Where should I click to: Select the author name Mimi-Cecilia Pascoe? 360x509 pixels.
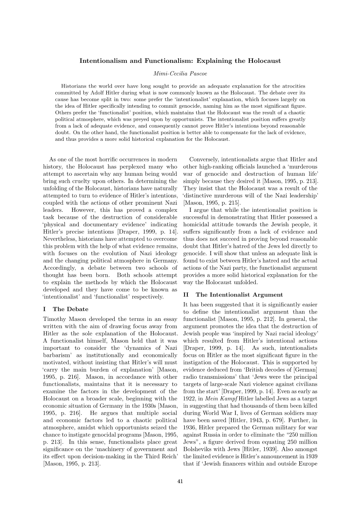pos(180,74)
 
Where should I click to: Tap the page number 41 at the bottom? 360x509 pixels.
pos(180,481)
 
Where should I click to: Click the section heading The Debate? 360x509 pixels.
pos(70,309)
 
